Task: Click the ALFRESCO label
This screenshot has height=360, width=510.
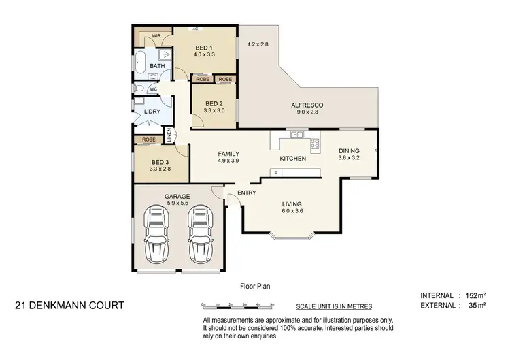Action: click(307, 105)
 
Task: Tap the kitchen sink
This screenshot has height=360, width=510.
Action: click(296, 135)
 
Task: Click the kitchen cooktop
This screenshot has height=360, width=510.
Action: click(315, 143)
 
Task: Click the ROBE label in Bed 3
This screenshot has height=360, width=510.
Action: click(148, 140)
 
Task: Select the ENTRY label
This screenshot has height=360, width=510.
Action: click(246, 193)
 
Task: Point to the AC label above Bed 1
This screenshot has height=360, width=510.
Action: click(195, 29)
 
